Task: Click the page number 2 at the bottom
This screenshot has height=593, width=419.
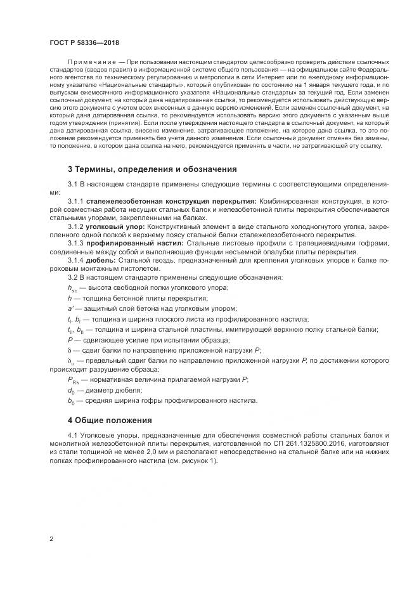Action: click(x=51, y=539)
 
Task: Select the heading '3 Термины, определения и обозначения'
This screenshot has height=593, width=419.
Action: click(x=152, y=170)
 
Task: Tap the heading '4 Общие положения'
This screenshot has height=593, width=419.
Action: click(x=110, y=420)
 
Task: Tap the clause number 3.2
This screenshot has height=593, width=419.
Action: click(x=74, y=278)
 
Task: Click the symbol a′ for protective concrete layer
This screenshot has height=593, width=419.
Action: click(x=71, y=308)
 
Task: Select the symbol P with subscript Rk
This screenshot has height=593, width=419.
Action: click(x=74, y=379)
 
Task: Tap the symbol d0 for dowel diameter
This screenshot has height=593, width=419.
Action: click(x=71, y=390)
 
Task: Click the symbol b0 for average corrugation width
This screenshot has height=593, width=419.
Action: click(x=71, y=401)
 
